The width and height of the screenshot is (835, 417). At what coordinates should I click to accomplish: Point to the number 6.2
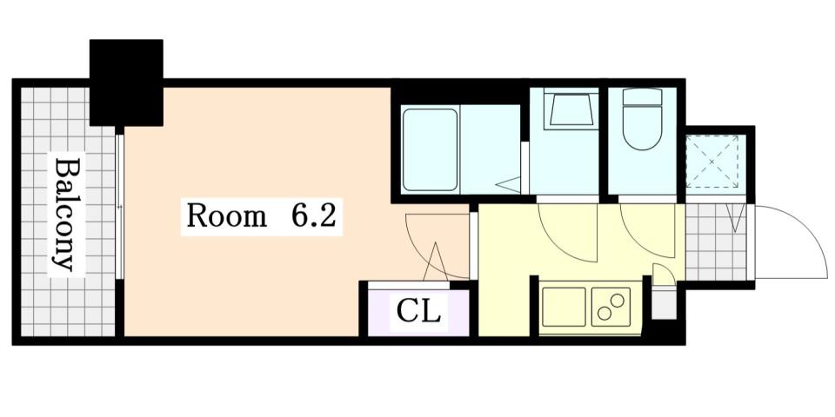(312, 216)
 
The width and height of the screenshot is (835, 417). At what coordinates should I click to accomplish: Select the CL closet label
(418, 311)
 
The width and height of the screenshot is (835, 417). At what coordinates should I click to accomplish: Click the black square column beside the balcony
(126, 83)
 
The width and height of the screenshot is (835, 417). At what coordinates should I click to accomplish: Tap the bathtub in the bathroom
(431, 149)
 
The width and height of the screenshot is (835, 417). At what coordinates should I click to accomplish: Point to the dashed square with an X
(711, 162)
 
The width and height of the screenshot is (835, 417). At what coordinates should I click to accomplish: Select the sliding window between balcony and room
(120, 205)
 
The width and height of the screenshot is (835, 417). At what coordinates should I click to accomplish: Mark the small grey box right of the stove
(663, 304)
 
